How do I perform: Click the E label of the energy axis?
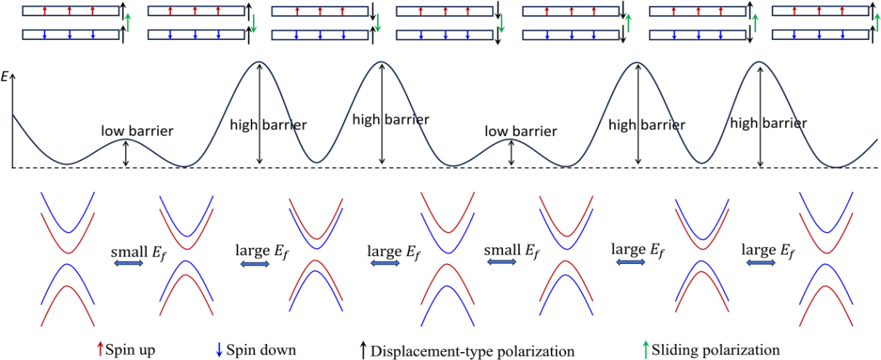coord(6,75)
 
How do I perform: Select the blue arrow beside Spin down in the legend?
coord(220,350)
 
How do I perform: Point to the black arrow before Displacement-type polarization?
coord(363,351)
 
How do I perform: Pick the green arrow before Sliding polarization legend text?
coord(644,349)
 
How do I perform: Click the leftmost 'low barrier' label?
coord(137,131)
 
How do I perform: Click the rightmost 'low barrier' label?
coord(520,131)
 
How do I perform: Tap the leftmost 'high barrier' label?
coord(267,124)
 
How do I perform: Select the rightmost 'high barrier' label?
coord(768,124)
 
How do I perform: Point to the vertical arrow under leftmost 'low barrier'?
coord(126,153)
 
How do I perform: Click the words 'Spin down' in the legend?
coord(262,350)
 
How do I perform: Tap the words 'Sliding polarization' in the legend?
coord(716,350)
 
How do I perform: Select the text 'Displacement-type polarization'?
coord(472,351)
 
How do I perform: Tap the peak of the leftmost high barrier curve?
coord(260,63)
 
